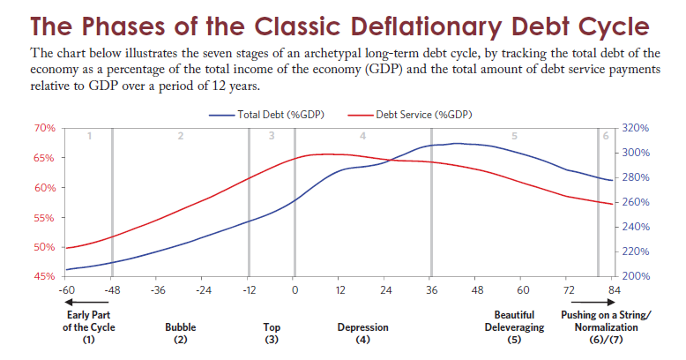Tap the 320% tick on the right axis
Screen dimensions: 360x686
[636, 128]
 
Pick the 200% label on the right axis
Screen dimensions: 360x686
[636, 276]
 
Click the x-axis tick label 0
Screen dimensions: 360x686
[295, 289]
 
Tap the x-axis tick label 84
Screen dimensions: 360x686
[615, 289]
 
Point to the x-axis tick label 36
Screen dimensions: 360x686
[431, 289]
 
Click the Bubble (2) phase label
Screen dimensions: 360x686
[181, 333]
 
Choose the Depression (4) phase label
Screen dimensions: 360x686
[362, 333]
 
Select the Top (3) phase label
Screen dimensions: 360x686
[272, 333]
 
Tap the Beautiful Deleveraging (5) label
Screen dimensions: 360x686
[514, 326]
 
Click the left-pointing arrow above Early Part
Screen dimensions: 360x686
[87, 304]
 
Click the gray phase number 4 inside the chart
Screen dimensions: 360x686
[362, 135]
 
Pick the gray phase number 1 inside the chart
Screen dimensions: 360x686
[89, 135]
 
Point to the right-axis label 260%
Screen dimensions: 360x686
[636, 202]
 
